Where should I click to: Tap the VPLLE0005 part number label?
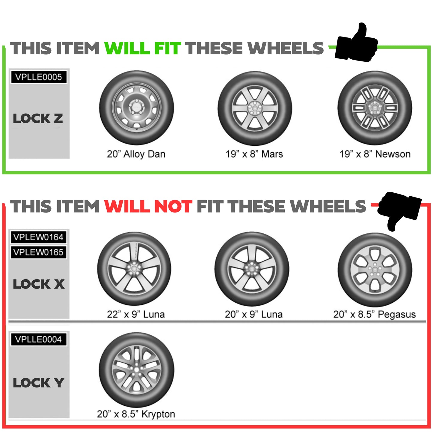(39, 77)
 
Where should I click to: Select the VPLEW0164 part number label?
(38, 237)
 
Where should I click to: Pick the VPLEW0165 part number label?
(38, 252)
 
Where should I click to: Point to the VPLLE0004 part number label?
(38, 339)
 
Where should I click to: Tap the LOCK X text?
(39, 284)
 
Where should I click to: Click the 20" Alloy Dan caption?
(136, 154)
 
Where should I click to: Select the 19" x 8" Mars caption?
(254, 154)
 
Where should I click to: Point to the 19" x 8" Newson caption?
(375, 154)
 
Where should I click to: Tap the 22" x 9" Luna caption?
(136, 314)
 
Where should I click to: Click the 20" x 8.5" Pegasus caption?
(375, 314)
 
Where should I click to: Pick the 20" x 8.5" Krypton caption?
(136, 414)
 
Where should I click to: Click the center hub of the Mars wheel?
(255, 108)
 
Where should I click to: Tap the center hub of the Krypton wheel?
(136, 370)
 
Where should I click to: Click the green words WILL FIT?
(143, 48)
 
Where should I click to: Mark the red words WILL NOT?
(148, 206)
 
